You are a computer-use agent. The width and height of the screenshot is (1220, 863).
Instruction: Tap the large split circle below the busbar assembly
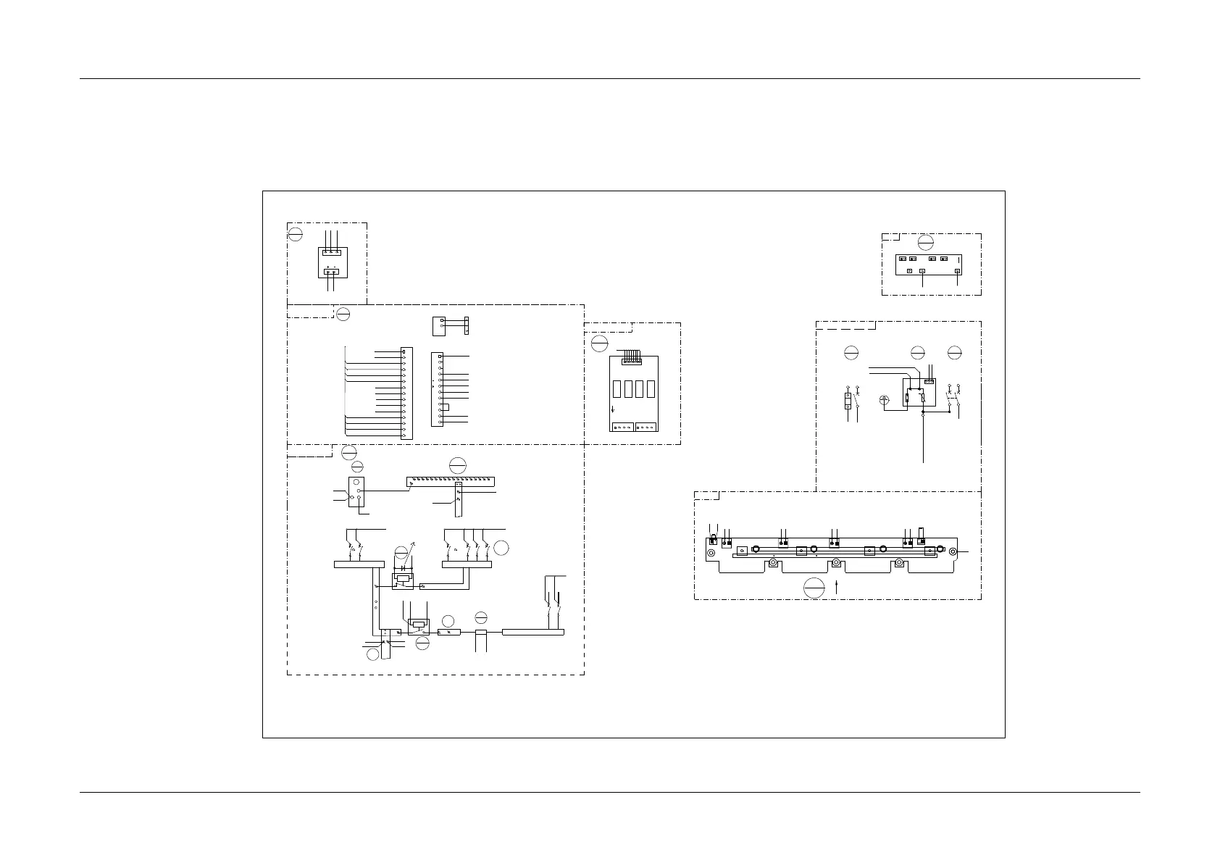[x=814, y=589]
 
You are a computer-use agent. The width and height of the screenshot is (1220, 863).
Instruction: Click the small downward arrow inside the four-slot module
[x=613, y=409]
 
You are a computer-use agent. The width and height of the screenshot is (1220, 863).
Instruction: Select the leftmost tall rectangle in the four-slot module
[x=617, y=389]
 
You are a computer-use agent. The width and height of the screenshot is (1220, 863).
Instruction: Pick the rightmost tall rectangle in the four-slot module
[x=652, y=389]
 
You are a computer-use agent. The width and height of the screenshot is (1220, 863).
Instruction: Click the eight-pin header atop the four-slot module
[x=632, y=361]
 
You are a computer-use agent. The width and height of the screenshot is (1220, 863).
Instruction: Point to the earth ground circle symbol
[x=883, y=400]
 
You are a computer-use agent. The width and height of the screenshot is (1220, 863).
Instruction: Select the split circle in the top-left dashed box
[x=295, y=234]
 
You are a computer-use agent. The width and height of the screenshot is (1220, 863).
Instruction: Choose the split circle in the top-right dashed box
[x=925, y=243]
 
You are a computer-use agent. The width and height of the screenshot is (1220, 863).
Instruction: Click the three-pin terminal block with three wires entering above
[x=333, y=251]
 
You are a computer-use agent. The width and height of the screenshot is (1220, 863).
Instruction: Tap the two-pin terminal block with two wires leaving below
[x=333, y=272]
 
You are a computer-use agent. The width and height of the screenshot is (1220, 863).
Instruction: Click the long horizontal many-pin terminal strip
[x=451, y=480]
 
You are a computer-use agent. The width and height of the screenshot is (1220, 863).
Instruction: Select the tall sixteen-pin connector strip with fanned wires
[x=406, y=392]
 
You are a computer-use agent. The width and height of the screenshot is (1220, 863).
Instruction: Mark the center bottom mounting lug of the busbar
[x=836, y=563]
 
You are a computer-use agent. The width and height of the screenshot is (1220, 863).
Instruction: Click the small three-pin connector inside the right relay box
[x=930, y=381]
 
